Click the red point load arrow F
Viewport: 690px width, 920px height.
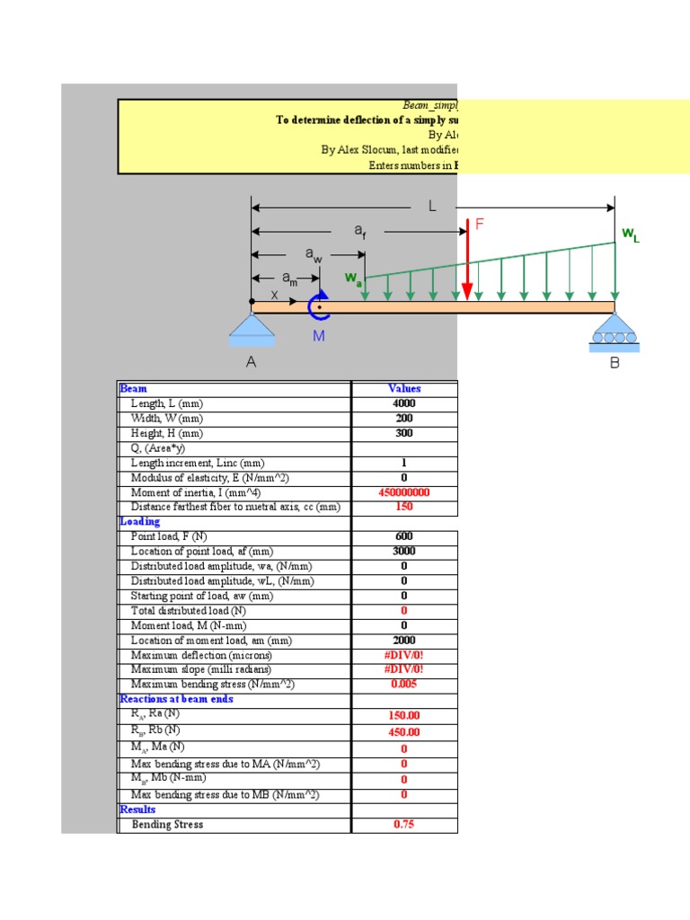pos(467,261)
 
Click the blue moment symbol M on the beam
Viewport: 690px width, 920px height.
pos(319,307)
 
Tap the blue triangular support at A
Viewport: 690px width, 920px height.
pos(252,330)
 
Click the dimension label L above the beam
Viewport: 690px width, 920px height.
pos(432,206)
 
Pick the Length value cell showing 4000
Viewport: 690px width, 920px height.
pos(404,404)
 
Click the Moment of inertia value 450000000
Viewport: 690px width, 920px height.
pos(404,492)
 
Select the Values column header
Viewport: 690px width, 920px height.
pos(404,389)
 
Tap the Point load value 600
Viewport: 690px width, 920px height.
pos(404,536)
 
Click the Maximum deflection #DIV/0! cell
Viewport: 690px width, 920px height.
pos(404,655)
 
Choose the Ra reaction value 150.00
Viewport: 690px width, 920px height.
pos(404,716)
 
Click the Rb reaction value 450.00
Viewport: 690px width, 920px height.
pos(404,732)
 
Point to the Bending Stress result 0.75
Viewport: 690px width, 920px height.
pos(404,825)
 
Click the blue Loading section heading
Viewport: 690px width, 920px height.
pos(140,522)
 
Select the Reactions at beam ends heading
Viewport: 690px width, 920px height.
pos(176,699)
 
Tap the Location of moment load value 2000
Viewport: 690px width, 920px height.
pos(404,641)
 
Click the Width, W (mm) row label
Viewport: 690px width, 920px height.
pos(167,419)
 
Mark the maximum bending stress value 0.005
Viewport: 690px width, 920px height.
pos(404,685)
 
